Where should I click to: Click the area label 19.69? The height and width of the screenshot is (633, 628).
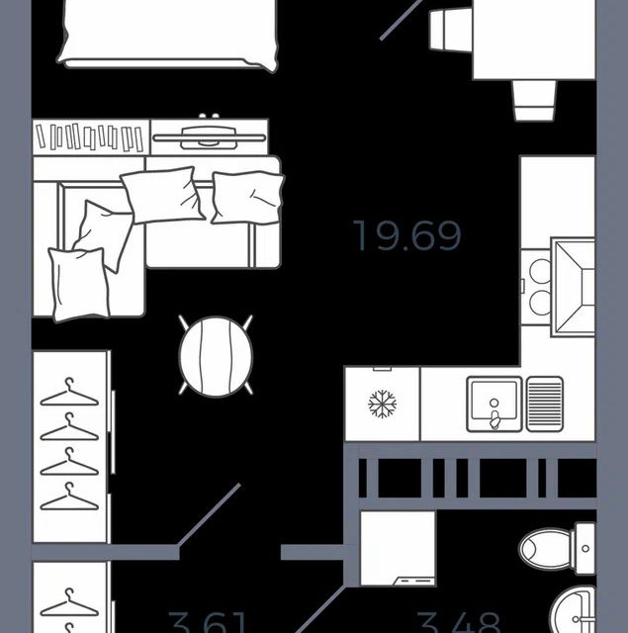point(407,236)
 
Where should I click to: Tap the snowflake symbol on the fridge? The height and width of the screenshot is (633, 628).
point(382,404)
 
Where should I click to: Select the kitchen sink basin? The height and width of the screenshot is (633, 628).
point(493,404)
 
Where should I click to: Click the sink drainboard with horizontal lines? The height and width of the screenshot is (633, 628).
point(545,404)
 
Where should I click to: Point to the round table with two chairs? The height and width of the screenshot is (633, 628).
point(216,355)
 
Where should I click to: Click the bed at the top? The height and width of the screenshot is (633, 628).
point(168,30)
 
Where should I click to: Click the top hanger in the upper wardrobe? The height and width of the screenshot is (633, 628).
point(69,393)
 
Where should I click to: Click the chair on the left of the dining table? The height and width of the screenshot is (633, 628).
point(449,30)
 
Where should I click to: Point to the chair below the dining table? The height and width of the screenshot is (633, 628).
point(534,99)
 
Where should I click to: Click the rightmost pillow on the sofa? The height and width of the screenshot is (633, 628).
point(247,197)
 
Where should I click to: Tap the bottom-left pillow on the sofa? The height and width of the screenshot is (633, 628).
point(78,284)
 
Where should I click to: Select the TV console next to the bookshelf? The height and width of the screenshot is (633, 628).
point(209,135)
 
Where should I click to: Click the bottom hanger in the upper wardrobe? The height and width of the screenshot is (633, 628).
point(69,496)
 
